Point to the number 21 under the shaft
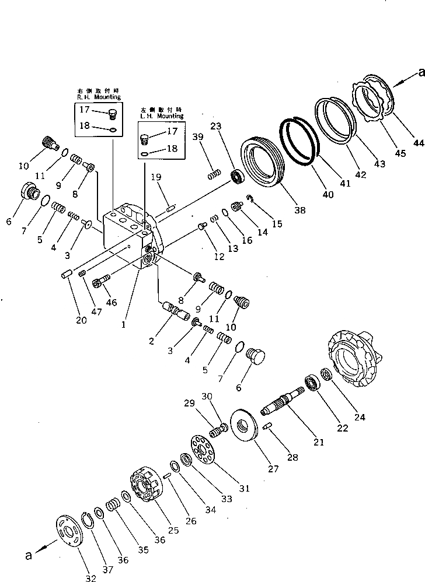(x=318, y=443)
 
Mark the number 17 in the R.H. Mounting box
(x=85, y=110)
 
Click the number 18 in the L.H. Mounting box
(x=172, y=149)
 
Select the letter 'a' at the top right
(x=421, y=72)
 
